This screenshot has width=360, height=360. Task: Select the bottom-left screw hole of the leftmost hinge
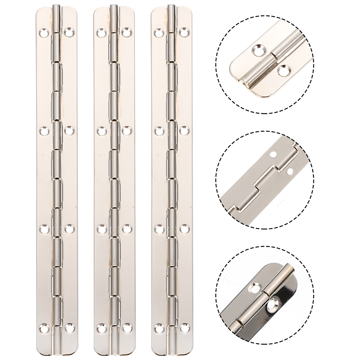tap(44, 328)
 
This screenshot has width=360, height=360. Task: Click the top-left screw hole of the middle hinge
tap(102, 33)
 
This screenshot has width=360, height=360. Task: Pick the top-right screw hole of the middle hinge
tap(126, 32)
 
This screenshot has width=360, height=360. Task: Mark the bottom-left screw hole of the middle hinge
tap(102, 328)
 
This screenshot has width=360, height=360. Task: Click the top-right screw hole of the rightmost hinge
tap(184, 32)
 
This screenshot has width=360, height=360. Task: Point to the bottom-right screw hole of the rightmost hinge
tap(184, 328)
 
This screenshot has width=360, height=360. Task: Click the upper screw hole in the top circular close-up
tap(258, 50)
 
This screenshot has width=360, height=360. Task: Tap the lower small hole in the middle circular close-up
tap(290, 171)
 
